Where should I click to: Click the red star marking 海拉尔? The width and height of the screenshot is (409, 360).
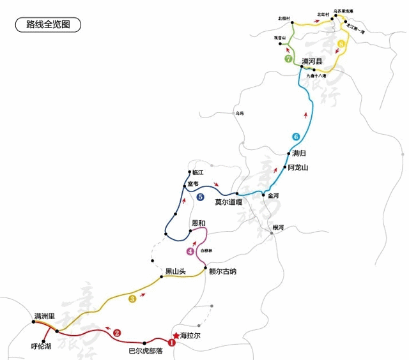pyautogui.click(x=176, y=334)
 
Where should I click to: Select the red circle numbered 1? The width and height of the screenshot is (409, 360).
pyautogui.click(x=171, y=342)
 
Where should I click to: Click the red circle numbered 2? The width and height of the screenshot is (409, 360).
pyautogui.click(x=117, y=333)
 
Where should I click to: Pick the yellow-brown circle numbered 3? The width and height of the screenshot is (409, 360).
pyautogui.click(x=132, y=298)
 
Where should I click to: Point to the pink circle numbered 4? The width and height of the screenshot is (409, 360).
pyautogui.click(x=190, y=251)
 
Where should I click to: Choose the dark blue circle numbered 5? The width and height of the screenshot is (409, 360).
pyautogui.click(x=201, y=197)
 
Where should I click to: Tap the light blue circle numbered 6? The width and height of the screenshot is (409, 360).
pyautogui.click(x=295, y=136)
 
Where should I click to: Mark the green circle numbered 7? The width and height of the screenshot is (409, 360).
pyautogui.click(x=288, y=59)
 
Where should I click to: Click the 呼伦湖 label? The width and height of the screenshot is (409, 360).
pyautogui.click(x=42, y=347)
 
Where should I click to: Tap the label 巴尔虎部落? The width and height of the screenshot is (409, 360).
pyautogui.click(x=146, y=350)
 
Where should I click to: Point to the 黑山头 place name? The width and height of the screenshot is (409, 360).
pyautogui.click(x=175, y=271)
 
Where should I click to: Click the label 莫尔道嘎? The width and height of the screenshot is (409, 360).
pyautogui.click(x=228, y=202)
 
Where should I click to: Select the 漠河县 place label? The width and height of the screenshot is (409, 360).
pyautogui.click(x=313, y=61)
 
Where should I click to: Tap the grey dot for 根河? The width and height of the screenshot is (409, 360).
pyautogui.click(x=272, y=233)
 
